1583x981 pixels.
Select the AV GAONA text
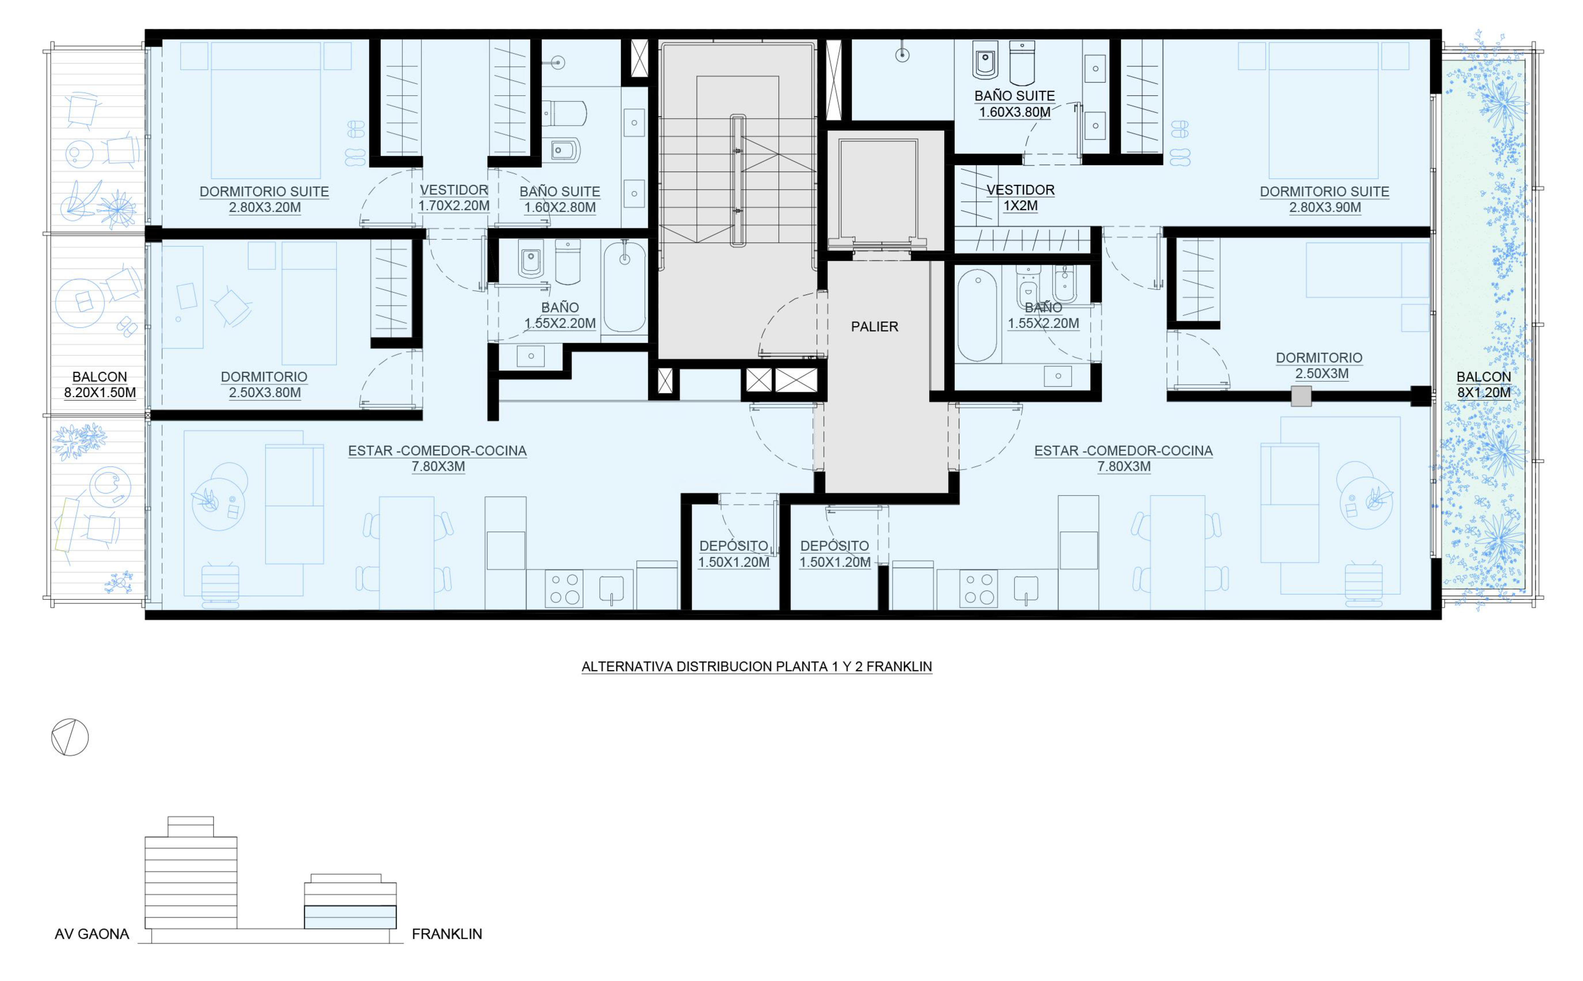tap(92, 934)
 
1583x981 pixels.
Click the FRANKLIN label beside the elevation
tap(447, 934)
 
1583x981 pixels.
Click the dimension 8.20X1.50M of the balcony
tap(100, 392)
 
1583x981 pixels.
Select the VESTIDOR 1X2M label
tap(1020, 198)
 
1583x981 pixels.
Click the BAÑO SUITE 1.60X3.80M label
tap(1014, 104)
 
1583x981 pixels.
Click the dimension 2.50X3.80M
tap(265, 392)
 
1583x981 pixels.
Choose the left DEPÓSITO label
tap(734, 546)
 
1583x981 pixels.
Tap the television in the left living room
tap(220, 586)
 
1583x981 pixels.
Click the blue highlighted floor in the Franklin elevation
tap(350, 917)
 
